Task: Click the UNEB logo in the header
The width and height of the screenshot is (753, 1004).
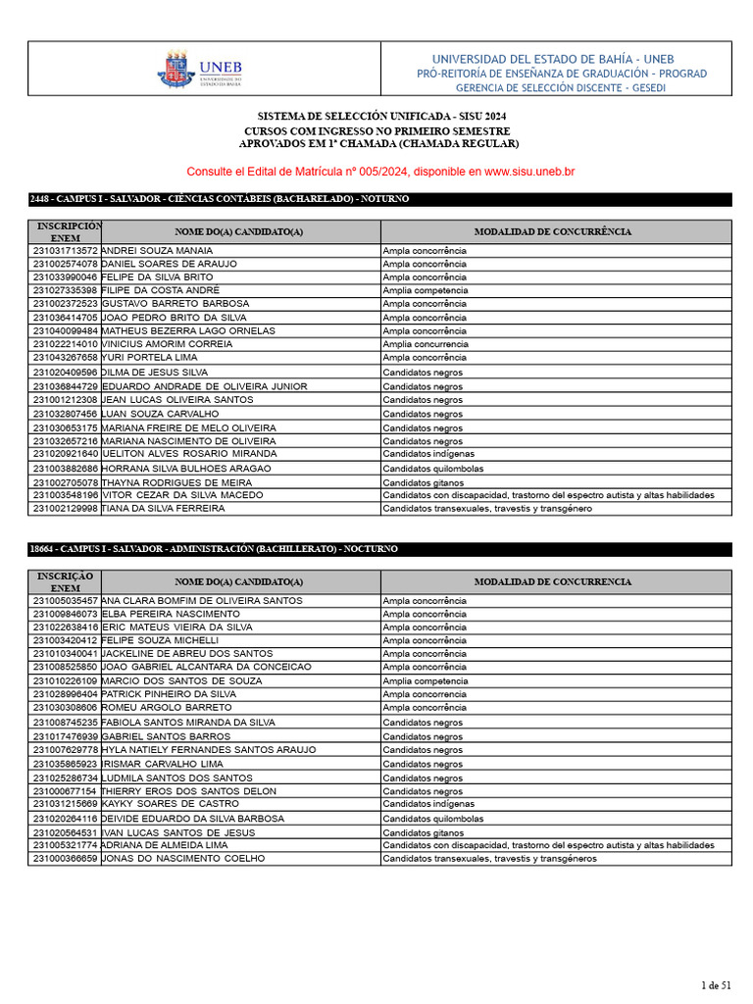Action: (199, 70)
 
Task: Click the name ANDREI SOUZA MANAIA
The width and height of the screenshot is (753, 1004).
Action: (157, 251)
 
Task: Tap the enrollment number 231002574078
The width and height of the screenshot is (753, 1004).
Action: (65, 265)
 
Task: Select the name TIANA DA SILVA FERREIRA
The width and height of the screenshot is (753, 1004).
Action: (164, 509)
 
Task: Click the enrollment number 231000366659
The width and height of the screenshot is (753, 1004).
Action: (65, 858)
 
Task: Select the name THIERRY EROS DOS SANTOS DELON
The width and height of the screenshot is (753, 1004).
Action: (188, 791)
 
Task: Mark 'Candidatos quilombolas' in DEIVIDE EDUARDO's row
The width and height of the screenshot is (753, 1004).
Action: (432, 819)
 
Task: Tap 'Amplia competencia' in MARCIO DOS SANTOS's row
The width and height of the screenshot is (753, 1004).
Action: (425, 680)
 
